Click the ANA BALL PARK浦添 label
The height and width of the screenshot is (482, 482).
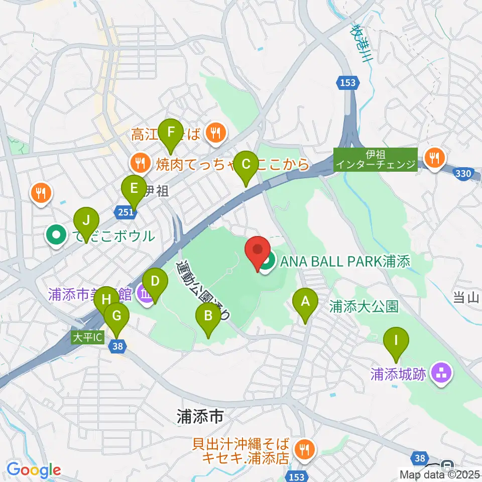pos(345,261)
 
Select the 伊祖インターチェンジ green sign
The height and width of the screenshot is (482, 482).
pos(376,160)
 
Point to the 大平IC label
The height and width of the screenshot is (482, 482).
pos(87,338)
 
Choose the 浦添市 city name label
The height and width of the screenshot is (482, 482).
pos(199,416)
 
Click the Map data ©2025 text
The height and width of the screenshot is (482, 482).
pos(439,474)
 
